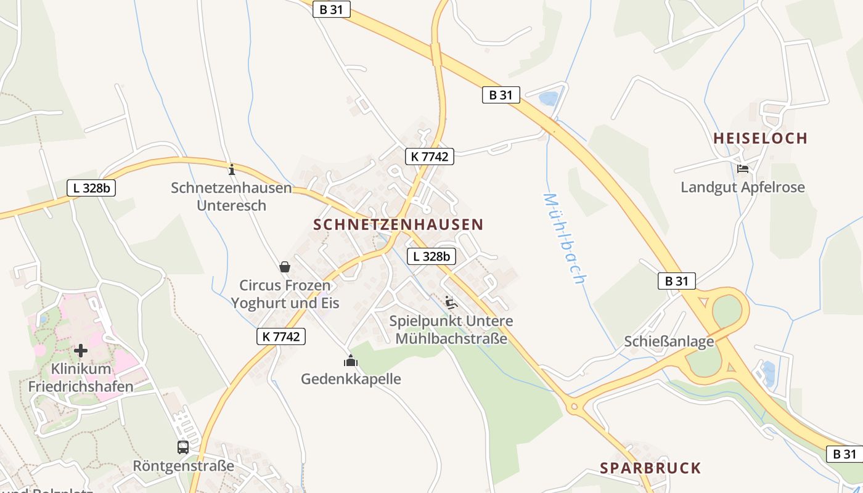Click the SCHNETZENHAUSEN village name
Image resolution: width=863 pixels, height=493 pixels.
[398, 225]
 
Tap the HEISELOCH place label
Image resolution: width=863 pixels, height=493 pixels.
[760, 138]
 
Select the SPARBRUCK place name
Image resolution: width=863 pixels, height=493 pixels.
[650, 468]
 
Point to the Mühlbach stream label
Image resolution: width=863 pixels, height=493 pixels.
[563, 238]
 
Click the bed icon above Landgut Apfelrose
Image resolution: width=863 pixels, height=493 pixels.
[743, 168]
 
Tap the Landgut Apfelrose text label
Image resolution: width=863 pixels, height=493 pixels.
[743, 187]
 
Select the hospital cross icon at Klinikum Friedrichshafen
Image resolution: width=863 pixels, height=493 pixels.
[81, 351]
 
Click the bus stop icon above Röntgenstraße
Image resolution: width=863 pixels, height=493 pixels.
[183, 447]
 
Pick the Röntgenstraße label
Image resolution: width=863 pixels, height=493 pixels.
[184, 465]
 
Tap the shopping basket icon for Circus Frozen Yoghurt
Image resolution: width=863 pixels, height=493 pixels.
[285, 267]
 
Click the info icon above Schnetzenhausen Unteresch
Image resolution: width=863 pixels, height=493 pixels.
[232, 169]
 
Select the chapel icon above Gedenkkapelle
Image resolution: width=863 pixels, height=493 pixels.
[351, 361]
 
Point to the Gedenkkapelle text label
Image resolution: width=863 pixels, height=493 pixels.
[351, 378]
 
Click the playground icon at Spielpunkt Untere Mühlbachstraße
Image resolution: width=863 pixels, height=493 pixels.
[451, 302]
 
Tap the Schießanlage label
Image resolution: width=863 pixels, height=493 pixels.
[669, 341]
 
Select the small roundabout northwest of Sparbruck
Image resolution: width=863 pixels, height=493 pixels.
[575, 406]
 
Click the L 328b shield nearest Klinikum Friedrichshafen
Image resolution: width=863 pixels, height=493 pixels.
[91, 188]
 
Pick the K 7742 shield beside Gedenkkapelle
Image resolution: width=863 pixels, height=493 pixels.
[281, 336]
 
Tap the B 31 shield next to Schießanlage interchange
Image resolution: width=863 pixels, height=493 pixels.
[676, 281]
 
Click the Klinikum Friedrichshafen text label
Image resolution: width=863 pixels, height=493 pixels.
[81, 378]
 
